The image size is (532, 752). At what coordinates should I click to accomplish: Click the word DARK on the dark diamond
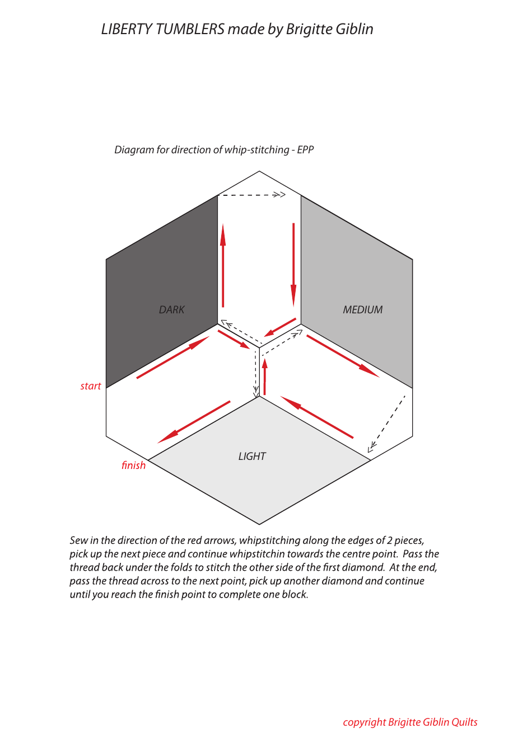171,309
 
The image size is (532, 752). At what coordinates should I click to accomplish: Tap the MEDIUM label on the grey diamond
363,309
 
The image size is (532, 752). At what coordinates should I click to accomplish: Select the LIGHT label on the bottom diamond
252,456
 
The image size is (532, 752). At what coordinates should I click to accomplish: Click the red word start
90,386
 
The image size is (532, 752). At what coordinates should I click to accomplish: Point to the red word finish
133,466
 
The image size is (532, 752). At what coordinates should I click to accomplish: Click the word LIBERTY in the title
127,30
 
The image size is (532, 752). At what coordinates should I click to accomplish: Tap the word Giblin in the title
354,30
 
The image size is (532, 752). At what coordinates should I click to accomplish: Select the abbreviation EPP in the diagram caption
306,150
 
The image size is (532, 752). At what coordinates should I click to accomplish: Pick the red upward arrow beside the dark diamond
223,265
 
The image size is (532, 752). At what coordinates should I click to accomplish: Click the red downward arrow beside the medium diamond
294,265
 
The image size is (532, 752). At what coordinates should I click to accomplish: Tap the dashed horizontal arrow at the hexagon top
251,195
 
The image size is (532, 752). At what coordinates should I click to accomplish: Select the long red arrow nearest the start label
173,357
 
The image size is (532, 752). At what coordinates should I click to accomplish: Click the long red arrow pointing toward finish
194,422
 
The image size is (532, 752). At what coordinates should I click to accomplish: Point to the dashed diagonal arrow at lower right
386,424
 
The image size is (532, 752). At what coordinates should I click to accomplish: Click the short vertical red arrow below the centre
265,377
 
